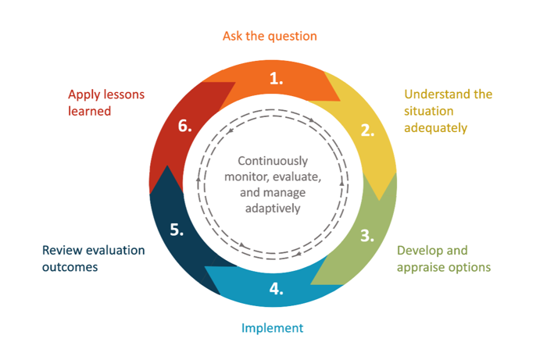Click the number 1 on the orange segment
pos(276,78)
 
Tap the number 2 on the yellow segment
pos(367,130)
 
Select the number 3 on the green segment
pos(367,236)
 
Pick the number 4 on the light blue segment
pos(276,289)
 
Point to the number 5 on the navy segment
pos(177,230)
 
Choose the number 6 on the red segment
pos(184,126)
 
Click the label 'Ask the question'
pos(270,36)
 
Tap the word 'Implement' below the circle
pos(273,328)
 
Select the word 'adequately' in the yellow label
pos(435,128)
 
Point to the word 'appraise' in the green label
pos(420,268)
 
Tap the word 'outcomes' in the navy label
pos(70,267)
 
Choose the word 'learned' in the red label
pos(89,111)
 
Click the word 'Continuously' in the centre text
pos(273,161)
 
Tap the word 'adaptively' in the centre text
pos(273,209)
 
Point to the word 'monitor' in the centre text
pos(247,177)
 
